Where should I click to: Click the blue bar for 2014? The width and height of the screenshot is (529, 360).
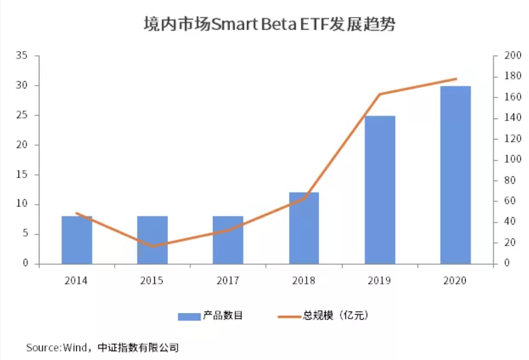(77, 240)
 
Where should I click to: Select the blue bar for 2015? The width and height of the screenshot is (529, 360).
(152, 240)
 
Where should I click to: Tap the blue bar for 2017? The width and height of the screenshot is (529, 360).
(228, 240)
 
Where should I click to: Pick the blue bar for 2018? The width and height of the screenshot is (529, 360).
(304, 228)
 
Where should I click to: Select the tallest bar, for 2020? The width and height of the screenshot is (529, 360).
(456, 175)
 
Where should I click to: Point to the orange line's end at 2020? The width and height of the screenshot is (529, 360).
(456, 79)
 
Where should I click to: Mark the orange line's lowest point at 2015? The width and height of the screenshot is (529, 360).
(152, 246)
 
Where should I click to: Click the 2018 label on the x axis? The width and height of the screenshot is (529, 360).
(304, 280)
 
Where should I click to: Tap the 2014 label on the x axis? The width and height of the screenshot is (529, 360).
(77, 280)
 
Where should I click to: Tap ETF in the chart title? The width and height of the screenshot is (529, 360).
(313, 26)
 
